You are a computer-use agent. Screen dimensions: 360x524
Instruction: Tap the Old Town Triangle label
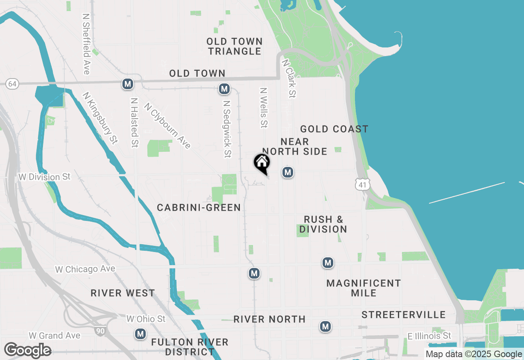235,46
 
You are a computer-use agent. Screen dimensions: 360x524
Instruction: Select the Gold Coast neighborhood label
334,129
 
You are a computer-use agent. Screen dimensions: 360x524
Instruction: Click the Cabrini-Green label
199,208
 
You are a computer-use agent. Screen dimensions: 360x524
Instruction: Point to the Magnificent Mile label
364,288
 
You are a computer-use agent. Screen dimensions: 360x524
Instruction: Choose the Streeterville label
403,315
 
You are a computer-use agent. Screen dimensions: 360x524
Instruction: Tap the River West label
123,293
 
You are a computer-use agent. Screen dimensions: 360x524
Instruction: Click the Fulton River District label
190,347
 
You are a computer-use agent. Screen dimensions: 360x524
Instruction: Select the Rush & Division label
323,225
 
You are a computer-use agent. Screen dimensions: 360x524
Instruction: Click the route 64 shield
12,84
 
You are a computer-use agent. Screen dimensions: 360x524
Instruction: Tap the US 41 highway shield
362,184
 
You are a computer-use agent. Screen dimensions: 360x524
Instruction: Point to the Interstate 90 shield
99,330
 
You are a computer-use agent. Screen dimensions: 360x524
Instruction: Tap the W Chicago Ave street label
85,269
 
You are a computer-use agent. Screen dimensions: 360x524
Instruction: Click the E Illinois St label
429,336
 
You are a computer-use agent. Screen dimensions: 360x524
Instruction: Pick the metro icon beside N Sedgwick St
224,88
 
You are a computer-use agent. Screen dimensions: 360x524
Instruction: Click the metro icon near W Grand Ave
140,334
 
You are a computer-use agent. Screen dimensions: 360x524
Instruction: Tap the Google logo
27,350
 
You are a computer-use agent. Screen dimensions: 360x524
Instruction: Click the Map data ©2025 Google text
474,354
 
